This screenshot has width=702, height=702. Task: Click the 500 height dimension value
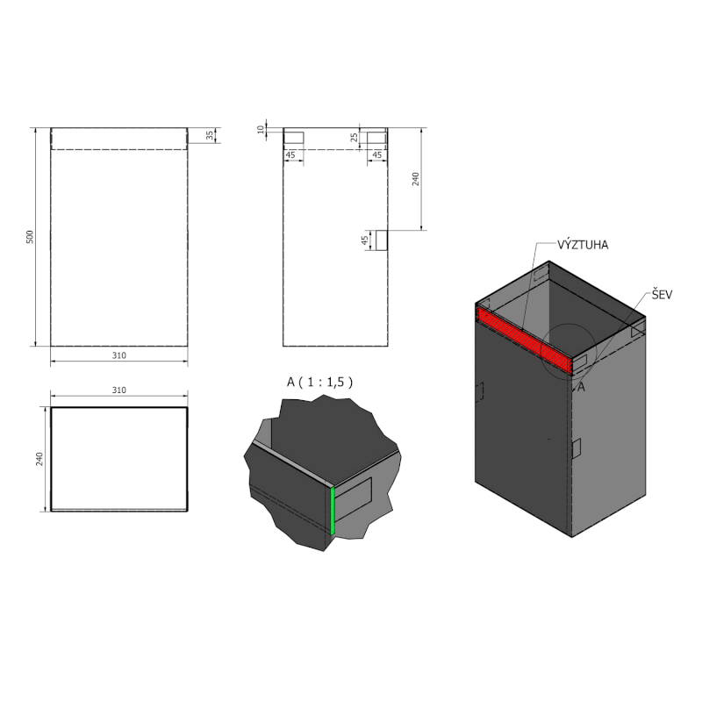29,237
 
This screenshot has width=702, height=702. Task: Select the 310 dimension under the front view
119,355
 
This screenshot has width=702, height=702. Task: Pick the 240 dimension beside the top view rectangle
38,458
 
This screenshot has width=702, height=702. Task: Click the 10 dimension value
260,129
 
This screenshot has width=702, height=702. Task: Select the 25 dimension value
354,137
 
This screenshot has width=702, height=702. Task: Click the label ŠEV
662,296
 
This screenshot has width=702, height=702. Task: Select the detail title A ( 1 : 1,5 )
320,381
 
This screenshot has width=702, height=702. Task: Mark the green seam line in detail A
333,511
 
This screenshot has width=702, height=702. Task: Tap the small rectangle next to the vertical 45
381,240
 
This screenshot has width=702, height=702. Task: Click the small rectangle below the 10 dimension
293,138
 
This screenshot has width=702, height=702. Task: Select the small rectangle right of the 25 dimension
375,138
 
